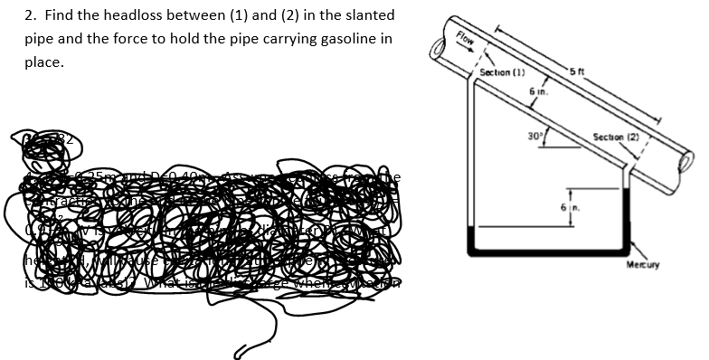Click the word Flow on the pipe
tap(467, 40)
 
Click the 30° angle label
tap(534, 137)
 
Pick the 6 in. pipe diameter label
tap(538, 91)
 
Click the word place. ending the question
tap(43, 62)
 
